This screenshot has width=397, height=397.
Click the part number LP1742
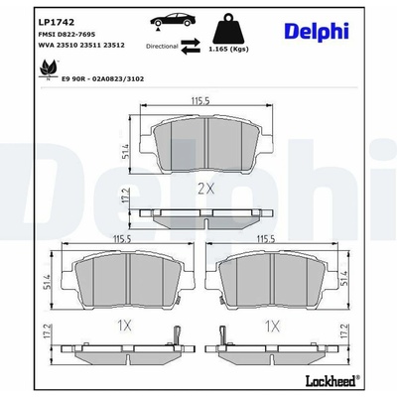click(57, 22)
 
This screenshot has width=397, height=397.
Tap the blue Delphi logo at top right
click(317, 31)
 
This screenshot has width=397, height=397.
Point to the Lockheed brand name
click(331, 381)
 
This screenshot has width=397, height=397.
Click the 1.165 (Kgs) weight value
click(228, 49)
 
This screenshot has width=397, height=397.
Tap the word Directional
click(162, 47)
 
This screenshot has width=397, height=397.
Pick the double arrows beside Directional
click(191, 46)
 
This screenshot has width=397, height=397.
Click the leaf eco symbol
click(49, 68)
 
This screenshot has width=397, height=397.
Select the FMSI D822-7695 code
click(66, 34)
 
